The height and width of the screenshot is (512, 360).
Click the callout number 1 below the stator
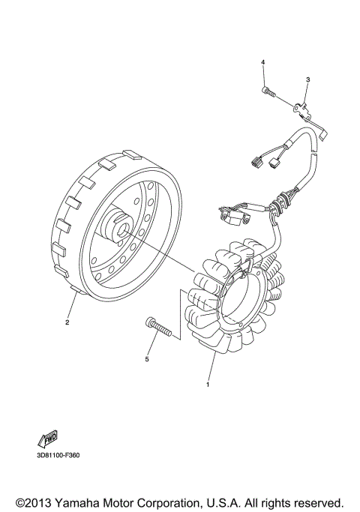(208, 385)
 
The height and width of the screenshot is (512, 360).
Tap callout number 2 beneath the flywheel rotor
(67, 323)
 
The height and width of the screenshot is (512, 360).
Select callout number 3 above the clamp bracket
(307, 79)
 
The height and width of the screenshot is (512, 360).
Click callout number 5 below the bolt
(147, 360)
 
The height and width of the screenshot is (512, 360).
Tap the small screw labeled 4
(268, 91)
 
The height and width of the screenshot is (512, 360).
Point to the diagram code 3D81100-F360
(59, 454)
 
